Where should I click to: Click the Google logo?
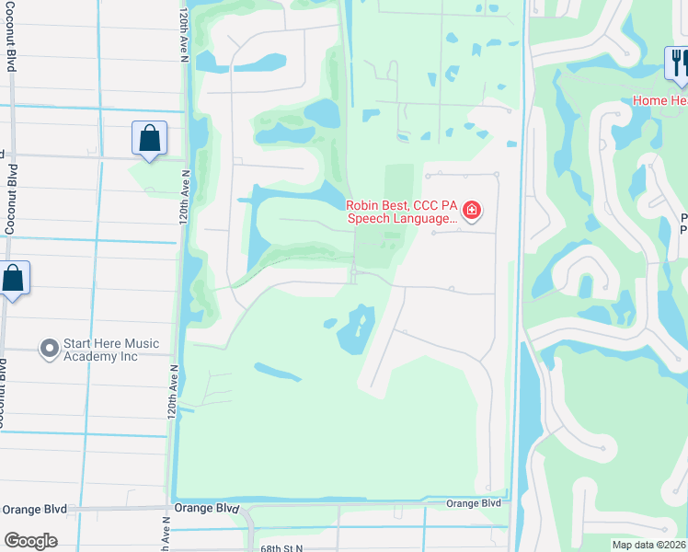30,540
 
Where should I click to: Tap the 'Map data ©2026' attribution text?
648,545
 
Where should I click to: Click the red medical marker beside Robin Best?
472,212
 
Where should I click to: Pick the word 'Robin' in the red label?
362,206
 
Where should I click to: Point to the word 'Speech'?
368,219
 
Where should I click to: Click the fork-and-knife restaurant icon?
676,62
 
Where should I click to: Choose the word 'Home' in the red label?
648,100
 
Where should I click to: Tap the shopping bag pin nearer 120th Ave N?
149,139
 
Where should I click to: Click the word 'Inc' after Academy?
126,356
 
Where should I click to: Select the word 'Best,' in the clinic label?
397,206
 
